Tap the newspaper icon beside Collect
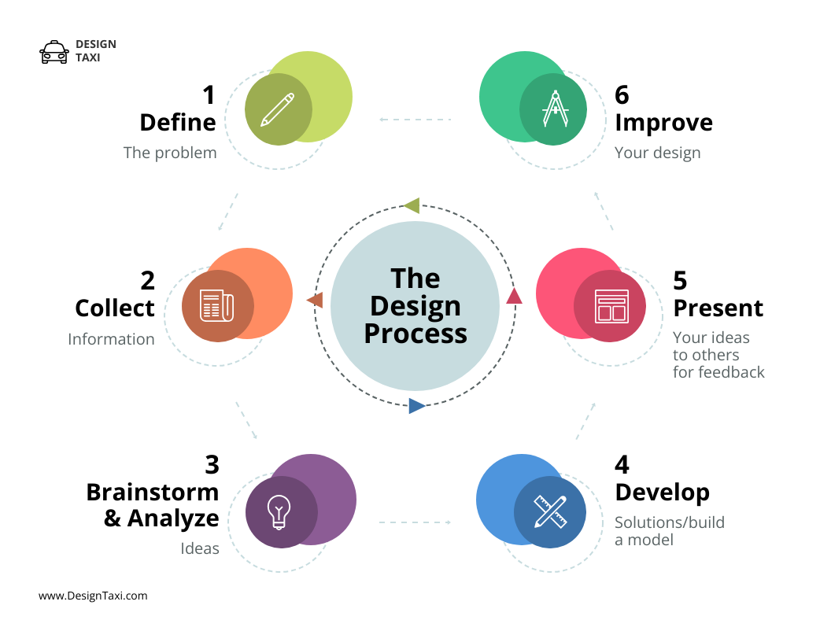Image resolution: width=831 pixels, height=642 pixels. [x=216, y=306]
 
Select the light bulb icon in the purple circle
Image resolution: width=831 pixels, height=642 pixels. [x=279, y=511]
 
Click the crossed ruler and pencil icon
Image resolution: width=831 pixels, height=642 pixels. [x=550, y=511]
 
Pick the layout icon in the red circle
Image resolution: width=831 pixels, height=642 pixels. [x=611, y=306]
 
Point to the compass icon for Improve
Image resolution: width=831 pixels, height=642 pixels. [x=555, y=109]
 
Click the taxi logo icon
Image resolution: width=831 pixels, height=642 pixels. [x=54, y=52]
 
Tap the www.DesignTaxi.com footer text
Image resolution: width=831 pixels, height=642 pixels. [x=93, y=596]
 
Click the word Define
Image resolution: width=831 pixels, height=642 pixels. [x=177, y=123]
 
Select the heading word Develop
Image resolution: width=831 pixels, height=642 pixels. [x=662, y=493]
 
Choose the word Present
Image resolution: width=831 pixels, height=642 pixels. [x=718, y=308]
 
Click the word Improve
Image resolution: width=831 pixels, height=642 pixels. [x=663, y=123]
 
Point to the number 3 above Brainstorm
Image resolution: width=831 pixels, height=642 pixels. [x=211, y=464]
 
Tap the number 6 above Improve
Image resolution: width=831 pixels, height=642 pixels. [x=622, y=95]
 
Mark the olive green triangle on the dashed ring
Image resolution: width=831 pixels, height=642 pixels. [x=412, y=205]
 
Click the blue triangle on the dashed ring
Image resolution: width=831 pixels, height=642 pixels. [x=416, y=406]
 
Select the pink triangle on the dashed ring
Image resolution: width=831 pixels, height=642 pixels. [x=514, y=296]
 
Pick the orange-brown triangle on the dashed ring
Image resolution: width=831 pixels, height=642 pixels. [x=315, y=300]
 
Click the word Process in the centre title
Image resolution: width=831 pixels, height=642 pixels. [x=415, y=334]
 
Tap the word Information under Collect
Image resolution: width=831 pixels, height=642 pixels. [x=111, y=339]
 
